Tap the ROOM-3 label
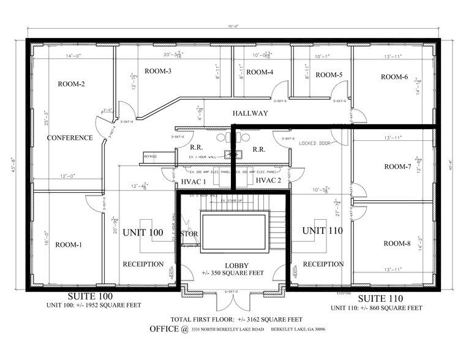(x=158, y=72)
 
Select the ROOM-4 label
(x=260, y=72)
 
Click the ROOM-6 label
(x=394, y=77)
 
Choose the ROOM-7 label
(x=397, y=167)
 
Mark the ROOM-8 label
(x=397, y=243)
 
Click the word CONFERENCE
(x=70, y=138)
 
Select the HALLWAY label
(x=250, y=113)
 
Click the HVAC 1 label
(x=194, y=181)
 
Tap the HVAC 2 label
(x=268, y=181)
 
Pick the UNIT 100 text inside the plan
(x=143, y=233)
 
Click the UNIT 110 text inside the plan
(x=321, y=231)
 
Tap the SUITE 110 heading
(x=380, y=298)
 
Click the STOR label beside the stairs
(x=188, y=234)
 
